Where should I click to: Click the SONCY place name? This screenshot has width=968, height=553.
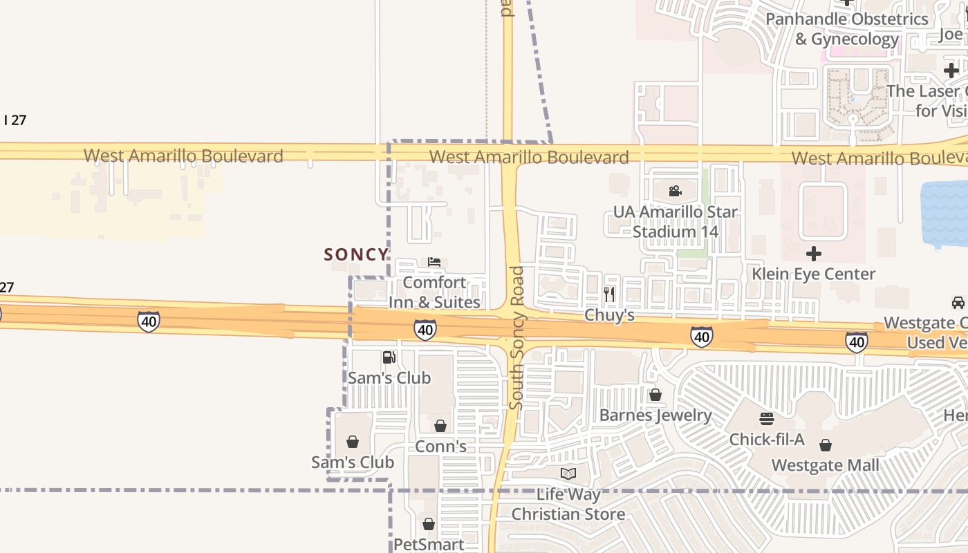click(356, 254)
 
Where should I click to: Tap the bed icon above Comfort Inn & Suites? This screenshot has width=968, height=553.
click(434, 262)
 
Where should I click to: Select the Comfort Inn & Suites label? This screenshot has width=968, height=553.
click(434, 292)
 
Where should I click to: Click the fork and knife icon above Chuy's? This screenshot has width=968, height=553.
click(609, 294)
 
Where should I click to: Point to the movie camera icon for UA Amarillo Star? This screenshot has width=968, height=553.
click(676, 191)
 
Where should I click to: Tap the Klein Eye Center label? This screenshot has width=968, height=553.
click(814, 274)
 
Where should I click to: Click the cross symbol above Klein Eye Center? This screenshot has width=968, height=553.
click(814, 254)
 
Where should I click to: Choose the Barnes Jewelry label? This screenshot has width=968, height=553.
click(655, 415)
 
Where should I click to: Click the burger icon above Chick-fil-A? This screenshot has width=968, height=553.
click(767, 419)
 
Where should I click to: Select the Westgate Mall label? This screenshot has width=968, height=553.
click(826, 465)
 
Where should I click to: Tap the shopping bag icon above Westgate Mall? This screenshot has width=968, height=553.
click(826, 445)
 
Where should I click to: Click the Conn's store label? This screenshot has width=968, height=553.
click(440, 447)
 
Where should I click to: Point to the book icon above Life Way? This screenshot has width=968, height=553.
click(568, 474)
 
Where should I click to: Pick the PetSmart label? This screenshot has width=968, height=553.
click(429, 544)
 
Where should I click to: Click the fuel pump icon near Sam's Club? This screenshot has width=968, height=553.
click(389, 357)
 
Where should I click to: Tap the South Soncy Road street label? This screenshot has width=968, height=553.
click(516, 337)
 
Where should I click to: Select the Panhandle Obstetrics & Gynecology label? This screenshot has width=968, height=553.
click(846, 29)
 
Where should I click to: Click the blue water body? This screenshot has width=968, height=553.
click(945, 214)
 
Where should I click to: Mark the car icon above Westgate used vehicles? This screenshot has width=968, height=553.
click(958, 303)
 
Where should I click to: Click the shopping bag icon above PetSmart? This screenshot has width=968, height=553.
click(429, 524)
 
